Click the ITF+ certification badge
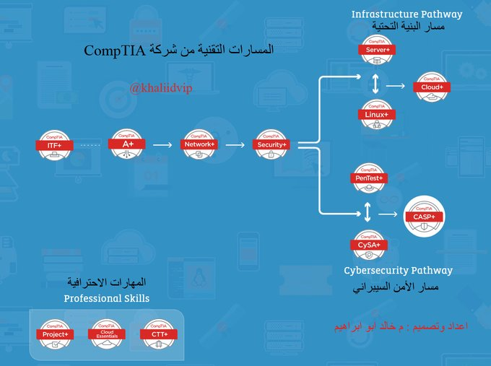(55, 144)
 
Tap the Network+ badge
(199, 144)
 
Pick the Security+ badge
(271, 144)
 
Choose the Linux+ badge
(376, 114)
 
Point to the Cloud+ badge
(432, 87)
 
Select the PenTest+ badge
(370, 178)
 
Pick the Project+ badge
(55, 334)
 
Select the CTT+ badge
(159, 334)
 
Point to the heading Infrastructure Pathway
(407, 14)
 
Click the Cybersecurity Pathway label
(398, 271)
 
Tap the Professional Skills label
(107, 298)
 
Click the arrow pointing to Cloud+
(395, 86)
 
